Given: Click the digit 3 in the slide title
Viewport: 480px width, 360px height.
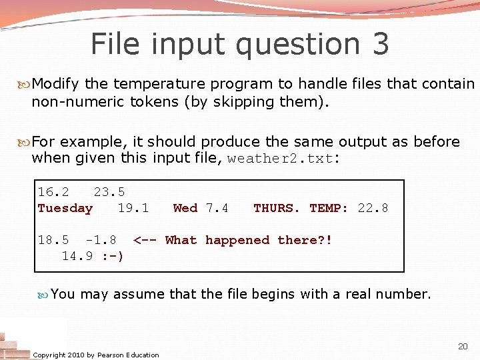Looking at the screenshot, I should (x=379, y=44).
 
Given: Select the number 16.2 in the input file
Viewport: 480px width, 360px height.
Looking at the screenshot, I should (x=53, y=192).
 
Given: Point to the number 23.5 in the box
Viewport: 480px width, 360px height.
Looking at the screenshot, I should (x=109, y=192).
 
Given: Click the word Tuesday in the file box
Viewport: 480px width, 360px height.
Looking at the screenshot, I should (x=65, y=208).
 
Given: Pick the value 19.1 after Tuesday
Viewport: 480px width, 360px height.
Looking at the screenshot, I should (x=133, y=208).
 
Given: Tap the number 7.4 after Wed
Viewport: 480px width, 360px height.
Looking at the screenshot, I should (x=217, y=208).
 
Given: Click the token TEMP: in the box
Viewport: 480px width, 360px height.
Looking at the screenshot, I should (x=329, y=208).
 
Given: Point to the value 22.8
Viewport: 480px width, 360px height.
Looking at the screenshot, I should (x=373, y=208).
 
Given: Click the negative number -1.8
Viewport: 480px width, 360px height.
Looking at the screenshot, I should (x=101, y=240).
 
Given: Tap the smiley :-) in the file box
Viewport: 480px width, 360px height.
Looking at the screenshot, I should (x=112, y=256).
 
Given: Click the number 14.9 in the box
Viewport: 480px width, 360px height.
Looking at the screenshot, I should (x=77, y=256).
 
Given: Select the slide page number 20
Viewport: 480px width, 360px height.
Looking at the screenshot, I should (x=463, y=346).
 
